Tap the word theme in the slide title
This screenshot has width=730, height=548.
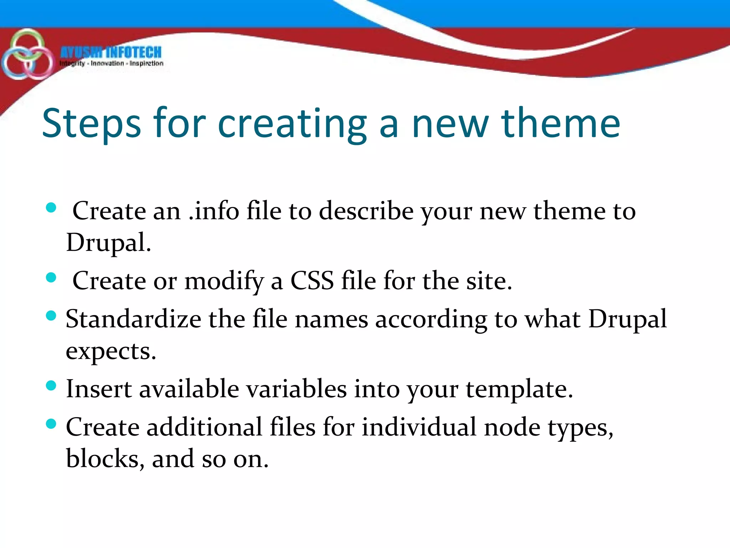point(561,123)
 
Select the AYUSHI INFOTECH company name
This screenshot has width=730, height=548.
point(111,52)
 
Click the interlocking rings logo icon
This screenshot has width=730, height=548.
point(27,55)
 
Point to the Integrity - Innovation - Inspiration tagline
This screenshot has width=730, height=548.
point(112,64)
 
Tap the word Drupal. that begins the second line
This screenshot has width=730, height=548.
point(109,243)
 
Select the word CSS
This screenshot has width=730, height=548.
point(312,280)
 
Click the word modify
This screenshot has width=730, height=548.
point(224,281)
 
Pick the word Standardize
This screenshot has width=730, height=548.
point(133,319)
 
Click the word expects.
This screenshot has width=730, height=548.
point(111,351)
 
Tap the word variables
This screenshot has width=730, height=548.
point(296,389)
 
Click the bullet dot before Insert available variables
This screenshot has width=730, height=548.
point(51,386)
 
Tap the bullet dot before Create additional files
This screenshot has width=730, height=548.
point(51,424)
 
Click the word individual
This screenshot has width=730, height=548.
point(419,427)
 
